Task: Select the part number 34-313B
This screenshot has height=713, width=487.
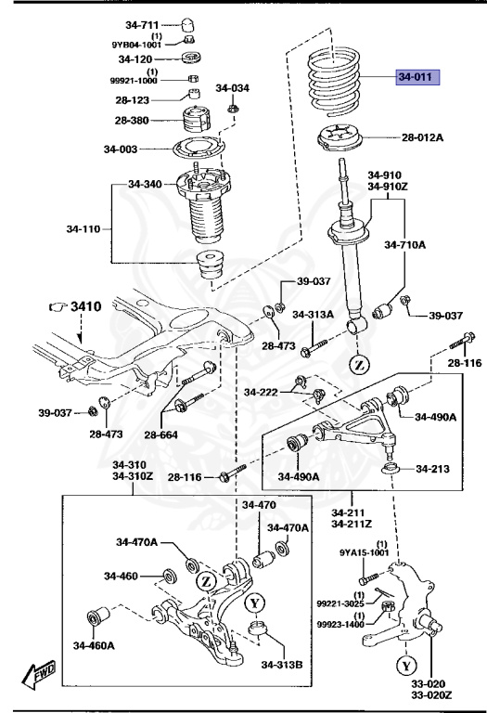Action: tap(280, 664)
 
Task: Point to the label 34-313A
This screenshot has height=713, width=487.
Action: tap(313, 314)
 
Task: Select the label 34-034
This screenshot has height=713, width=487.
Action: tap(232, 88)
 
